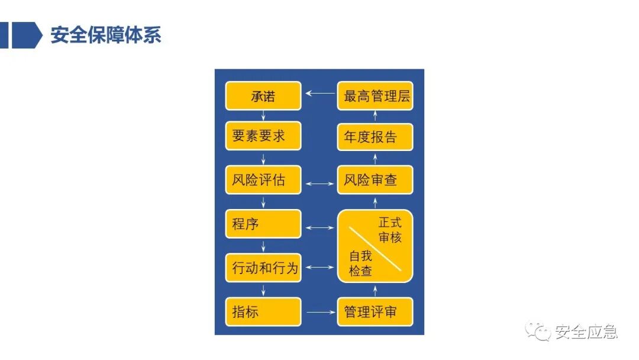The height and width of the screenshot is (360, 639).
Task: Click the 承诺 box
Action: [x=263, y=96]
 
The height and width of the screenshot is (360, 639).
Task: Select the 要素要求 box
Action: [x=263, y=136]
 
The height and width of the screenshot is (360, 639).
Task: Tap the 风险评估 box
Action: [x=263, y=180]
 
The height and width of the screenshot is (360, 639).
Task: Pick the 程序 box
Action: [x=263, y=224]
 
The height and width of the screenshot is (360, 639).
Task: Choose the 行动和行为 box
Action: [x=263, y=268]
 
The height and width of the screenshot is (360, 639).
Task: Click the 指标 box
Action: [x=263, y=312]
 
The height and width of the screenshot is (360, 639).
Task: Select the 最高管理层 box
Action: [x=375, y=96]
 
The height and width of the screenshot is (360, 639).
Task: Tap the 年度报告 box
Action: [x=375, y=137]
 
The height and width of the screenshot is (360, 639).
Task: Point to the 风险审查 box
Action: [x=375, y=180]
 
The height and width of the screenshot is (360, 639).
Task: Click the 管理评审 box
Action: [x=375, y=312]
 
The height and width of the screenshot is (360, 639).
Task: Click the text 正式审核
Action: [x=390, y=230]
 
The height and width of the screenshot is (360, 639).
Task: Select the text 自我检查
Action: [x=360, y=263]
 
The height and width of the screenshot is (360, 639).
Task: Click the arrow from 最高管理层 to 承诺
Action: [x=319, y=93]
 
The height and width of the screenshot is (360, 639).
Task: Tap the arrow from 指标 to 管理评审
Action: [x=319, y=312]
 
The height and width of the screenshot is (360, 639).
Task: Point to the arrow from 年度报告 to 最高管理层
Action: [x=375, y=116]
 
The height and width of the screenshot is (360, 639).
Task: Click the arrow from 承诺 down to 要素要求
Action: [x=263, y=116]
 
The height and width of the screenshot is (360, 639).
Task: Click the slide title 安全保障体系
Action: [x=106, y=35]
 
